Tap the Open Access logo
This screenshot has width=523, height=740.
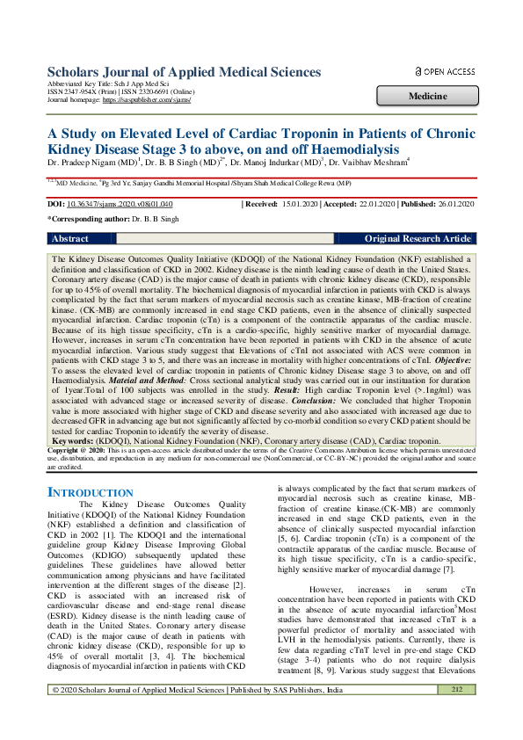(445, 71)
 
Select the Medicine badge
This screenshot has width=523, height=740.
(425, 96)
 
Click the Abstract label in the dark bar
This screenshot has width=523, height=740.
(70, 238)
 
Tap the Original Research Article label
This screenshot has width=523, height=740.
(418, 238)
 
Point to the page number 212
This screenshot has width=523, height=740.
(456, 715)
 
